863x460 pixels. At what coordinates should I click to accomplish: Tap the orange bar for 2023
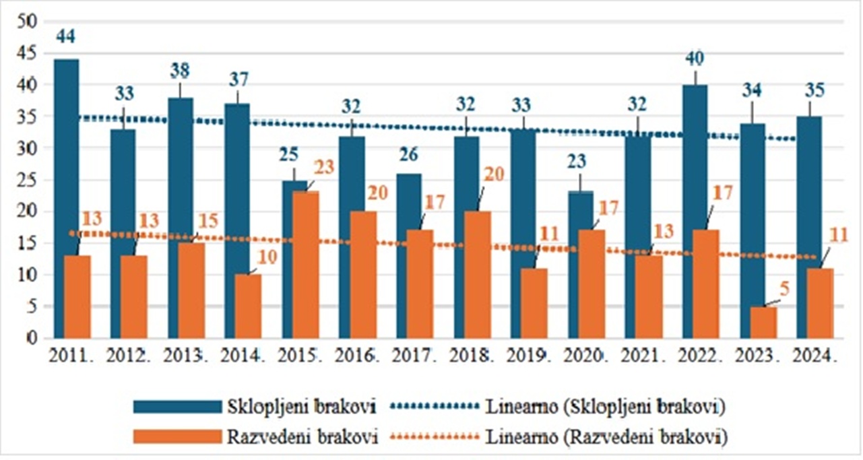(763, 322)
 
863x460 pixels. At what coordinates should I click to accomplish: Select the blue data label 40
(694, 59)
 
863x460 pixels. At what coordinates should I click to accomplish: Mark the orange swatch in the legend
(177, 436)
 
